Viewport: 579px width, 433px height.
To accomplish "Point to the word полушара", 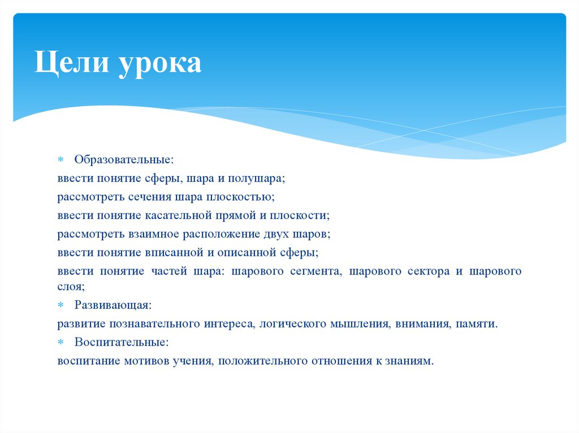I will pyautogui.click(x=257, y=179).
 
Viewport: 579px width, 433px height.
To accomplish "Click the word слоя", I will pyautogui.click(x=70, y=287).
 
